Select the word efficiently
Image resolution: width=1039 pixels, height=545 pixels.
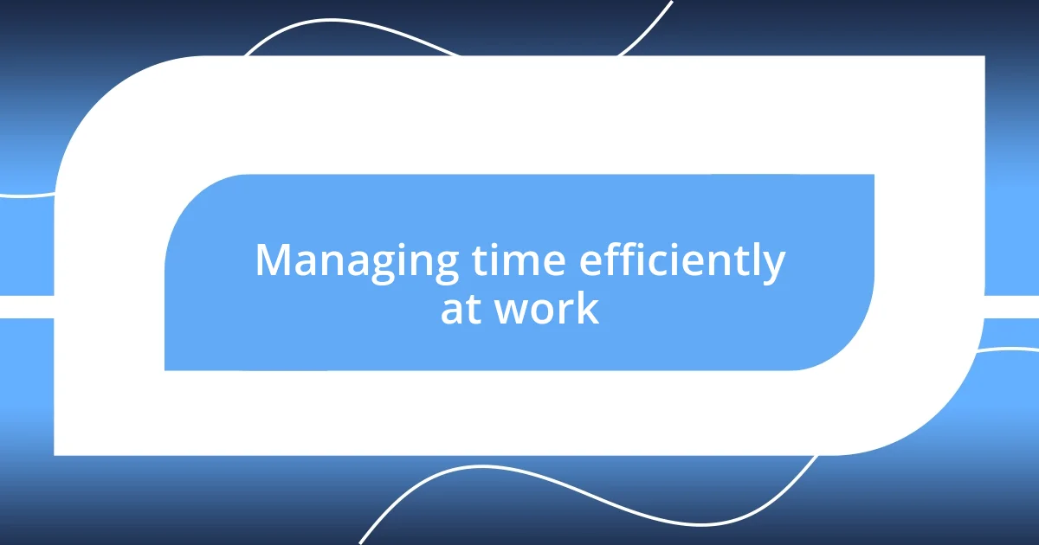coord(681,262)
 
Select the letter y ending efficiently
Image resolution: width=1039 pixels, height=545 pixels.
coord(772,266)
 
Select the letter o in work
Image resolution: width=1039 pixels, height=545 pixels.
coord(543,311)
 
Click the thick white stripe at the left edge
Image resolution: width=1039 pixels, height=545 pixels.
coord(26,306)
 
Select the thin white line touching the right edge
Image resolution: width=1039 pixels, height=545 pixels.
coord(1009,350)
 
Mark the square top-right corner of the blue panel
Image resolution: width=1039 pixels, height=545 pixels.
coord(871,176)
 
